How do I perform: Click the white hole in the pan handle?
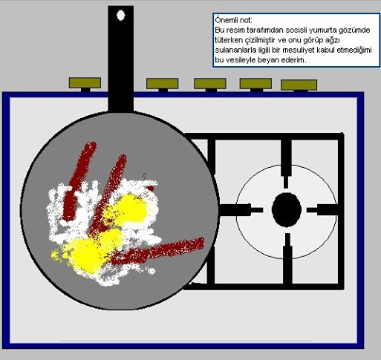pyautogui.click(x=120, y=15)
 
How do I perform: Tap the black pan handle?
pyautogui.click(x=121, y=59)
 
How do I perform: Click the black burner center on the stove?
pyautogui.click(x=287, y=209)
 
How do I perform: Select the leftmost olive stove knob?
pyautogui.click(x=85, y=82)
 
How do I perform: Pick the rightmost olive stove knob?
pyautogui.click(x=299, y=85)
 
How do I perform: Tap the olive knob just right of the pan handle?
pyautogui.click(x=162, y=84)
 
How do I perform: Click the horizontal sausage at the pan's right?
pyautogui.click(x=157, y=251)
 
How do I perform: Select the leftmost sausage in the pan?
pyautogui.click(x=79, y=181)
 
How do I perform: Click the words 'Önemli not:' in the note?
pyautogui.click(x=233, y=20)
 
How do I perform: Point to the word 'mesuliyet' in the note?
pyautogui.click(x=296, y=50)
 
